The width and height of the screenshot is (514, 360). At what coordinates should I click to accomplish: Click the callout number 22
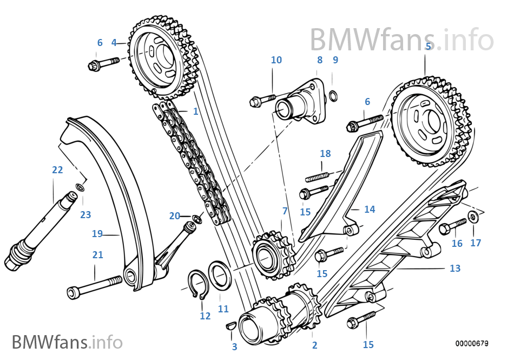[57, 169]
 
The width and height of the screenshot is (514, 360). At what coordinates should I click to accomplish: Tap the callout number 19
[97, 234]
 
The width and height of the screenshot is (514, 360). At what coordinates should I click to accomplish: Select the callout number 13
[454, 268]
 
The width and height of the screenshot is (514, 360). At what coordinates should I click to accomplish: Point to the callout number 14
[369, 209]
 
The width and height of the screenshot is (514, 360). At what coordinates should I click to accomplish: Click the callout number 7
[285, 211]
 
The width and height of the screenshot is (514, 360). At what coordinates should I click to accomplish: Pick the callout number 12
[205, 316]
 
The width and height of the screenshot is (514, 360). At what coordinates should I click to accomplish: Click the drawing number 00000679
[471, 343]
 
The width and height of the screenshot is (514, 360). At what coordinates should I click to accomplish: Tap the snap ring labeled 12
[199, 284]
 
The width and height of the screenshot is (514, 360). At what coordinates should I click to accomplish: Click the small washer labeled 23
[80, 187]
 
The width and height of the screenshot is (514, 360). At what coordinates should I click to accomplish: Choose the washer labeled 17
[473, 217]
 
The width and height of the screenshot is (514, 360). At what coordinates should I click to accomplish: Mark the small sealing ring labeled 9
[335, 96]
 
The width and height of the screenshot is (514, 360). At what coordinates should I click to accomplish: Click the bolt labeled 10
[263, 100]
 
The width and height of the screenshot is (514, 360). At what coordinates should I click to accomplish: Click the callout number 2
[314, 345]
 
